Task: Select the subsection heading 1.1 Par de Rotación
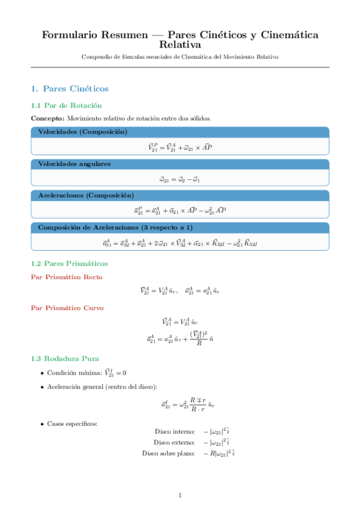(63, 105)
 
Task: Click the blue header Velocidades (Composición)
(82, 132)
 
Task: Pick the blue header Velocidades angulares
(75, 164)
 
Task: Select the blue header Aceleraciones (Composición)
(86, 195)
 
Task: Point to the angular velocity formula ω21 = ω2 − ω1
(180, 179)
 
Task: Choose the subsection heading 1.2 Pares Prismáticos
(69, 263)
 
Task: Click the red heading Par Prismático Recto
(66, 277)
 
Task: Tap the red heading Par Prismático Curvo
(67, 307)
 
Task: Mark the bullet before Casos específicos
(41, 424)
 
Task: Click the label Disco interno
(174, 432)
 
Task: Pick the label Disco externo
(174, 442)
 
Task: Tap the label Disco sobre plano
(168, 453)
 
